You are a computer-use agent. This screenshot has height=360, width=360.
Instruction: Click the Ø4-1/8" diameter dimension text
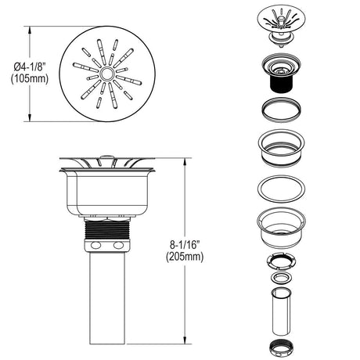click(x=30, y=67)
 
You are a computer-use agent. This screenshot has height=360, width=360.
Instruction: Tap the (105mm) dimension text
click(x=30, y=78)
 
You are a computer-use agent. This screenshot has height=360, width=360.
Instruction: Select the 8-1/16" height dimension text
click(x=185, y=245)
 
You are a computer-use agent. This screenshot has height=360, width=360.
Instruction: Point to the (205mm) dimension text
click(x=185, y=257)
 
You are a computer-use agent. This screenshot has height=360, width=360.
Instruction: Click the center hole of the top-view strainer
click(x=106, y=74)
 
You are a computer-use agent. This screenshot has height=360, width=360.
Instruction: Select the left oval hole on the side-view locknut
click(x=95, y=246)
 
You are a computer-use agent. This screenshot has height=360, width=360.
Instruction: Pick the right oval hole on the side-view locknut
click(x=118, y=246)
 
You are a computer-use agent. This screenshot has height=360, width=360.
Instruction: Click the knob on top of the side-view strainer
click(x=106, y=157)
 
